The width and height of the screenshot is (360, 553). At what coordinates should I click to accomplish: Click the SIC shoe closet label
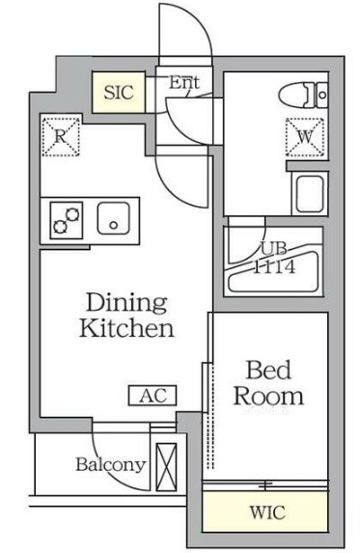119,93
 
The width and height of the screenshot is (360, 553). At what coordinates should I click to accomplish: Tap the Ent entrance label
184,83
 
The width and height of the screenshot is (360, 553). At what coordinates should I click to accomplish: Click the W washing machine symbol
305,137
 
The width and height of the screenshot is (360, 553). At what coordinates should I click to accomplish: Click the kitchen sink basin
113,218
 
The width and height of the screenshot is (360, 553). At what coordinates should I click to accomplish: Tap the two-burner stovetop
67,220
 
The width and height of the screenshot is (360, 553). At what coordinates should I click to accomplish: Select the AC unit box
152,396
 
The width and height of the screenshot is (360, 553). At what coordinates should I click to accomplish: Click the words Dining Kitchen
126,316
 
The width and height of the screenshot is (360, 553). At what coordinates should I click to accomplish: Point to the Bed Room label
268,383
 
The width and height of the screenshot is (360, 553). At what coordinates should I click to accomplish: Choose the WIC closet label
267,512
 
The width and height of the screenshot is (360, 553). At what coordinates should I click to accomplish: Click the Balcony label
111,465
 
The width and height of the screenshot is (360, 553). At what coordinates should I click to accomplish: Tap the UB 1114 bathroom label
274,258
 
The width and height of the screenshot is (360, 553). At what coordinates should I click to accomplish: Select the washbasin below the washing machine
310,194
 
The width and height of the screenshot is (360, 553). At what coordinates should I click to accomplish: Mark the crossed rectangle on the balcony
166,467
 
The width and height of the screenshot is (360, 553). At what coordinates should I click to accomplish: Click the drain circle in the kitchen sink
113,225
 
